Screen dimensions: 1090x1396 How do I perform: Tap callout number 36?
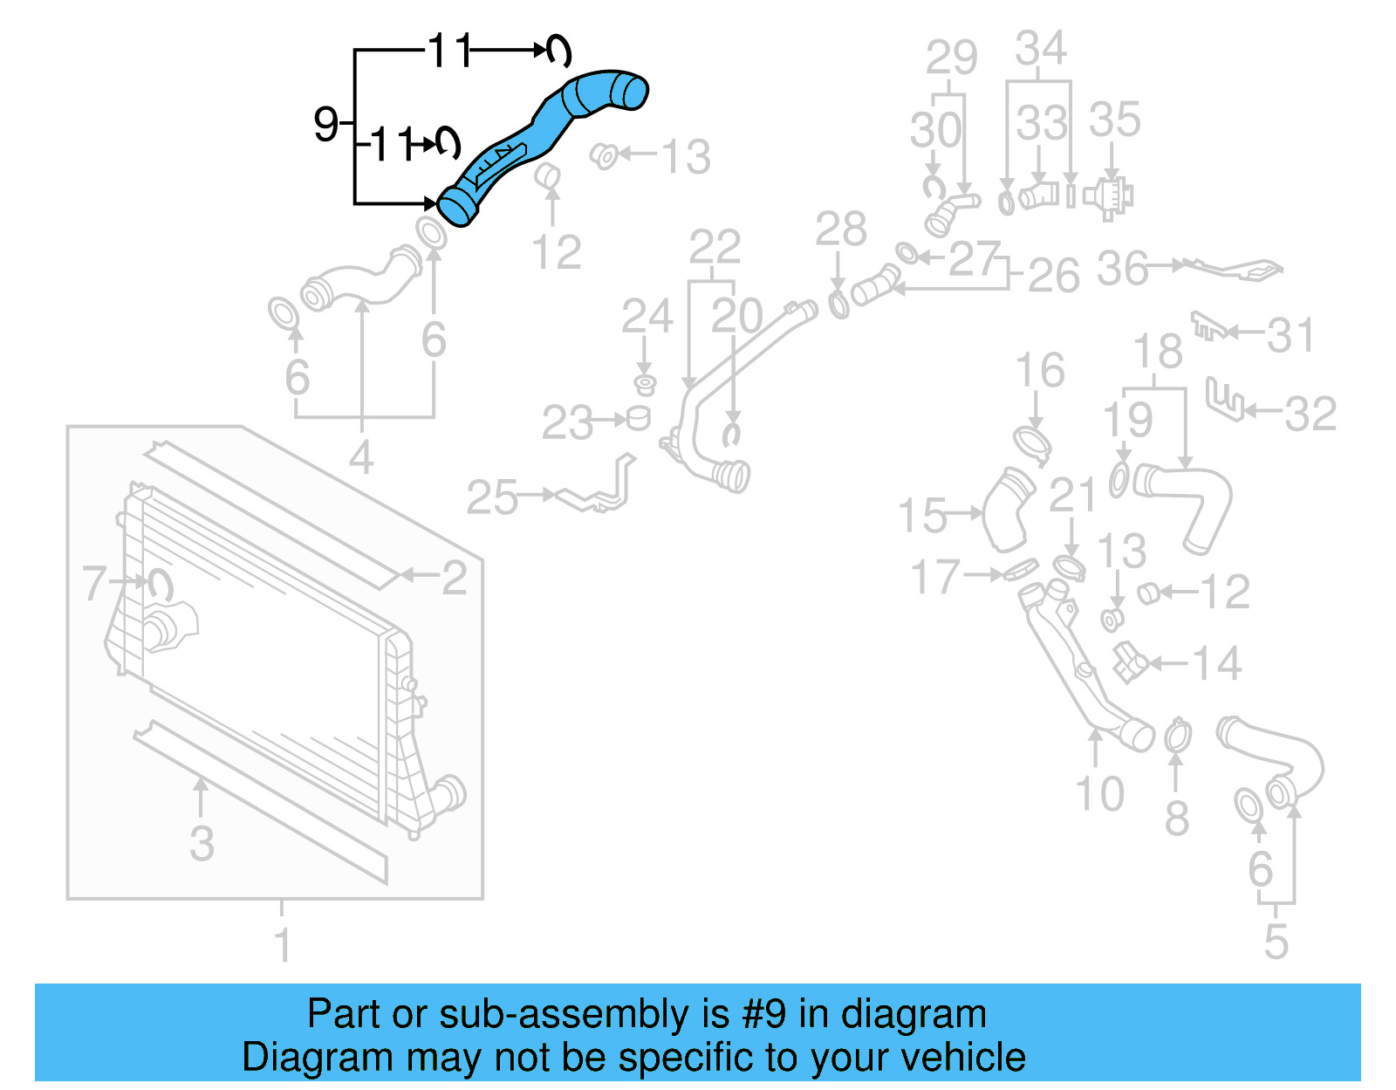point(1122,269)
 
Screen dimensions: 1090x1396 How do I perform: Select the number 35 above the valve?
point(1114,120)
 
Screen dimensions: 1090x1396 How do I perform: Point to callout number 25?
point(492,498)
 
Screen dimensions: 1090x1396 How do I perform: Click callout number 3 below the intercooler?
point(202,844)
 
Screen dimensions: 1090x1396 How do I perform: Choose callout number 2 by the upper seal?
point(454,578)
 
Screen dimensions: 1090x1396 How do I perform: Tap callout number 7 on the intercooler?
point(93,583)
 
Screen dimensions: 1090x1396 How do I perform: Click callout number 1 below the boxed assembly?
point(282,943)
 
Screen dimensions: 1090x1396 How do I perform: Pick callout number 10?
point(1099,794)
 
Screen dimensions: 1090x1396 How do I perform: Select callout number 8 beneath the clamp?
point(1176,819)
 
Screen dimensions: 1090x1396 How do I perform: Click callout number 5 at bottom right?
point(1276,942)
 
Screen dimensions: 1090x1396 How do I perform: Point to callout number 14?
point(1216,664)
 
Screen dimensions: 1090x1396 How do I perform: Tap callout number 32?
point(1310,414)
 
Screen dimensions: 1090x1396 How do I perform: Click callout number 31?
point(1290,336)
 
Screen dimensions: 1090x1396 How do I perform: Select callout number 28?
point(840,230)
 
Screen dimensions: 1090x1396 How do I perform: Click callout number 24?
point(647,316)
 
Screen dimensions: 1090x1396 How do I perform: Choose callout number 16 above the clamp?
point(1040,370)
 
